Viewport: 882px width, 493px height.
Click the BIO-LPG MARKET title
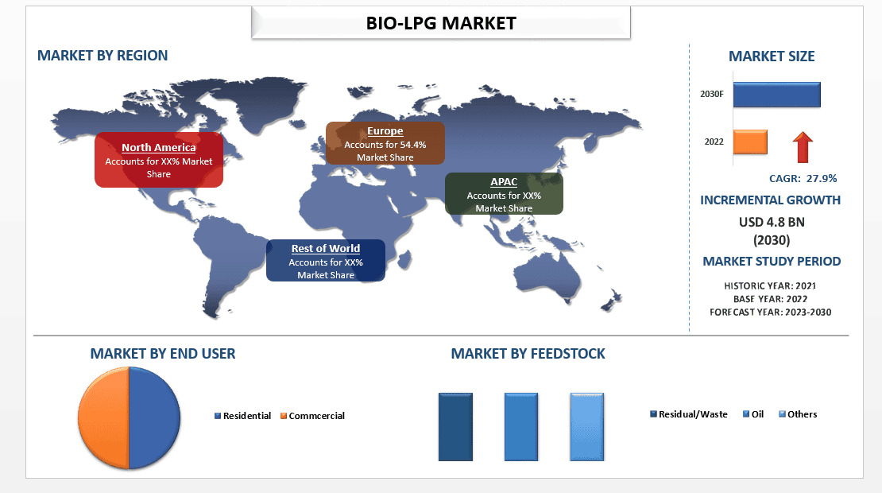click(x=441, y=23)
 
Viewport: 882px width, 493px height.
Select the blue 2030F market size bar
click(x=776, y=94)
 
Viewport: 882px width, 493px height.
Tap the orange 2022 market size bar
click(x=749, y=142)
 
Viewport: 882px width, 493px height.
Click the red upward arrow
click(x=803, y=147)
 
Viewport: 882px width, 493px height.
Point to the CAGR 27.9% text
click(x=803, y=178)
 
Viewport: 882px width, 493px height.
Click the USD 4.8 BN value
click(x=771, y=223)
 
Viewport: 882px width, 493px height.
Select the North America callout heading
click(x=158, y=148)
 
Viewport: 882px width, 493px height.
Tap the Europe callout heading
click(x=385, y=131)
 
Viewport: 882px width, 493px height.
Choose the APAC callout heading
click(x=504, y=182)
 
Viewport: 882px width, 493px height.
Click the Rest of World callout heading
click(x=325, y=249)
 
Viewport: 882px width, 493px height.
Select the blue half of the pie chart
click(x=155, y=417)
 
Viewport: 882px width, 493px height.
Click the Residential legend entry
click(x=246, y=416)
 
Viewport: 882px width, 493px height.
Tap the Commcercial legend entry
click(x=316, y=416)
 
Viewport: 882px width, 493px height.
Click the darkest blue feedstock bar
click(x=455, y=426)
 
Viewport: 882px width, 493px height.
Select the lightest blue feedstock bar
click(x=586, y=426)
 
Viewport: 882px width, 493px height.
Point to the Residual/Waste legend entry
click(x=692, y=414)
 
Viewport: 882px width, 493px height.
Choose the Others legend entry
click(x=802, y=414)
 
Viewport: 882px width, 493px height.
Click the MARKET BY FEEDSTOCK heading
click(x=528, y=354)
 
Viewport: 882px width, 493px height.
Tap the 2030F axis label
click(x=711, y=94)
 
